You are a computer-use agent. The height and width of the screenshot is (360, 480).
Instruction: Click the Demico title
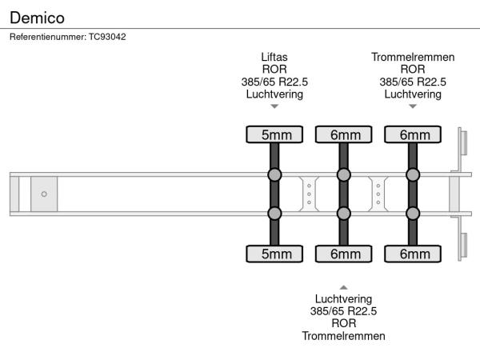(x=37, y=17)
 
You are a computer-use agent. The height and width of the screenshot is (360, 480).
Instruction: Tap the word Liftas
(x=274, y=58)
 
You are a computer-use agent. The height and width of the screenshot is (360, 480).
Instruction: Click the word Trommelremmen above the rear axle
(x=413, y=58)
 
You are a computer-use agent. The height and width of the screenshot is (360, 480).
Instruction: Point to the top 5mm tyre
(x=274, y=135)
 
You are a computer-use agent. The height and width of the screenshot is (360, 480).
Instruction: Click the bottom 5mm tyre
(x=274, y=254)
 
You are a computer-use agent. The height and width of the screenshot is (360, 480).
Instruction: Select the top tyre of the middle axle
(x=344, y=135)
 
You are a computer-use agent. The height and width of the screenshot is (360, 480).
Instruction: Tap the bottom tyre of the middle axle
(x=344, y=254)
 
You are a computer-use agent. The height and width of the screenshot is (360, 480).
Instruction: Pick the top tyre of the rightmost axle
(x=414, y=135)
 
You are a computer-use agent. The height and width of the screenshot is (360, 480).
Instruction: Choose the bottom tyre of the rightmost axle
(x=414, y=254)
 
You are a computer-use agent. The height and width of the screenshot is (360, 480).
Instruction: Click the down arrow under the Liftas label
(x=274, y=106)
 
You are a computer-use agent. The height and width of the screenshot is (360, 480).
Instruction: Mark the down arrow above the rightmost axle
(x=413, y=106)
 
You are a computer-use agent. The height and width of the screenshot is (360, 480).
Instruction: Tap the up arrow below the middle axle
(x=343, y=286)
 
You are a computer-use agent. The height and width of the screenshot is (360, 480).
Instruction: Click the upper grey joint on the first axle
(x=274, y=174)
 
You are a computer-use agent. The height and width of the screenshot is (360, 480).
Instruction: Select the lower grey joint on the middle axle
(x=344, y=213)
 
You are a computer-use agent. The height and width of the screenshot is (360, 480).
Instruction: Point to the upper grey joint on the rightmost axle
(x=414, y=174)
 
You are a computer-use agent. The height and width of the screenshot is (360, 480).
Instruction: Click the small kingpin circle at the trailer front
(x=44, y=194)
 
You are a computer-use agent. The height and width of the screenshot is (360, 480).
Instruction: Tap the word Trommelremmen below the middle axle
(x=343, y=336)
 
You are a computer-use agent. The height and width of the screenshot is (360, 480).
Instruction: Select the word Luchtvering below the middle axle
(x=343, y=299)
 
